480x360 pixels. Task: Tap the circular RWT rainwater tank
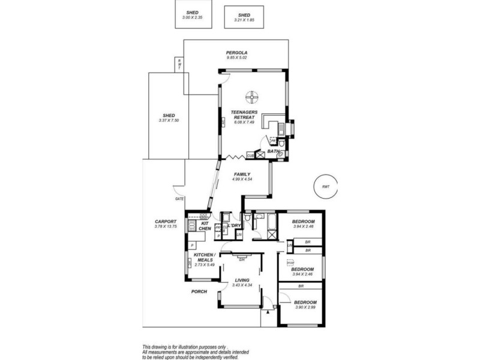[x=326, y=187]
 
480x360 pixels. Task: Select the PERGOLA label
[x=236, y=52]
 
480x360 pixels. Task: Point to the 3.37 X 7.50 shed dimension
[x=169, y=121]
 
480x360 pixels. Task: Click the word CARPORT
[x=164, y=221]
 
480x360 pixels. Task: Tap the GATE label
[x=179, y=199]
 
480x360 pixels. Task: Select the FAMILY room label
[x=242, y=174]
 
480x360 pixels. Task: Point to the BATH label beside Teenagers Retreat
[x=273, y=152]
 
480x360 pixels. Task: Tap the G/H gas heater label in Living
[x=241, y=259]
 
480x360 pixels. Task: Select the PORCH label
[x=199, y=292]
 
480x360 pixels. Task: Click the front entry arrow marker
[x=265, y=313]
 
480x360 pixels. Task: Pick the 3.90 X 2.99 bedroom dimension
[x=306, y=308]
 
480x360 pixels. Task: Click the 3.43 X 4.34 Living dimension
[x=242, y=284]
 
